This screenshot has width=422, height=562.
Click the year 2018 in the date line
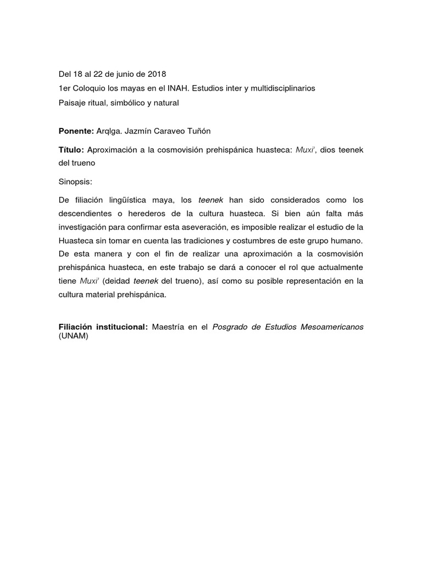click(157, 74)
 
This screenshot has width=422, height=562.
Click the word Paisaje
click(73, 103)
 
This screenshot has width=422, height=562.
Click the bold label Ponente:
click(76, 131)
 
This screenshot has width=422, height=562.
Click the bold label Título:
click(70, 150)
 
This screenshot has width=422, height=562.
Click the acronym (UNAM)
click(73, 337)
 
